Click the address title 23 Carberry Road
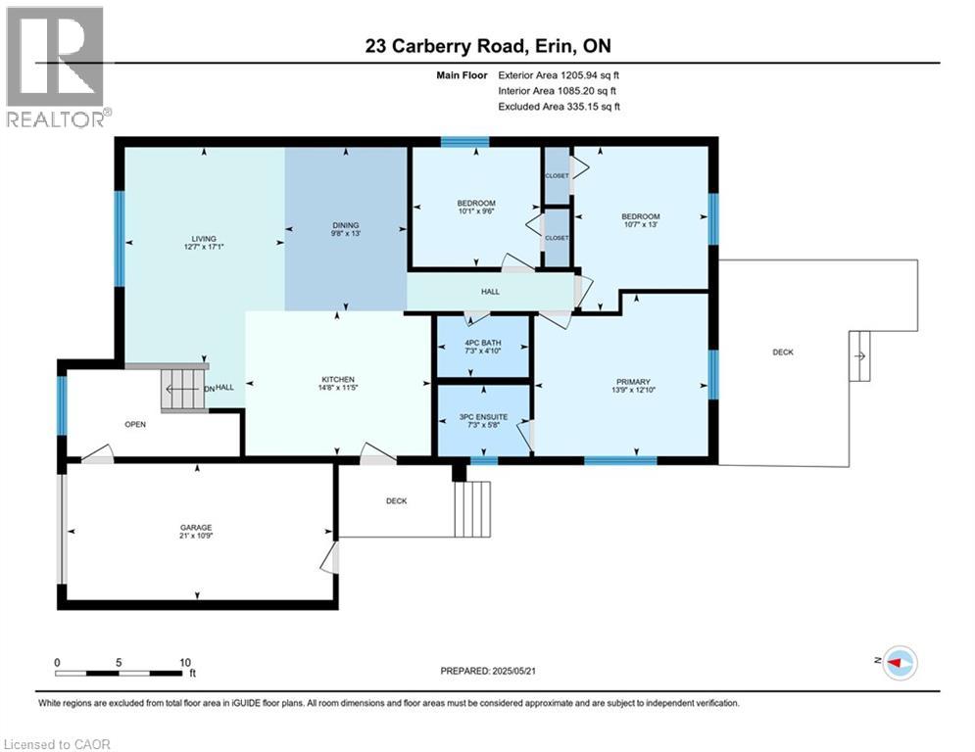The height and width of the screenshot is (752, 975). [487, 46]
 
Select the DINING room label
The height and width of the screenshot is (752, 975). [345, 224]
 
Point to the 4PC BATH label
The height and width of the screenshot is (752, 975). [484, 342]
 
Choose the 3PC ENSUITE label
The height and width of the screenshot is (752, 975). [484, 417]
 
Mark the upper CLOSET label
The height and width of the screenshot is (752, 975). [557, 175]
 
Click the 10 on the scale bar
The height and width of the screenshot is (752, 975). [185, 662]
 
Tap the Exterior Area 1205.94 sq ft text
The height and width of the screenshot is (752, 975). [560, 75]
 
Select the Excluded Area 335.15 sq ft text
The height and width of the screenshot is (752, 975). [559, 107]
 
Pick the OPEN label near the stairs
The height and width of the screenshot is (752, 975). [134, 425]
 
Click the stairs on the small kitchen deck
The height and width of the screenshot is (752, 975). [473, 508]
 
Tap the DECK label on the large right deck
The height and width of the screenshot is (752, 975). [782, 352]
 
